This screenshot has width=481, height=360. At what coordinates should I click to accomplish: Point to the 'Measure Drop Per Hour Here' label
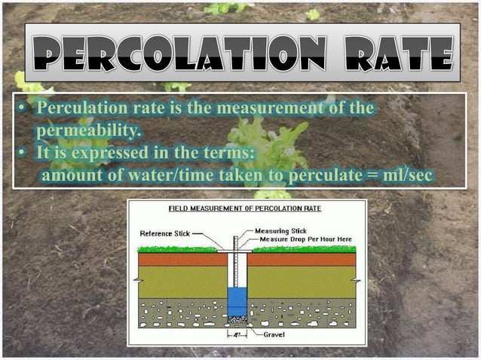click(x=306, y=239)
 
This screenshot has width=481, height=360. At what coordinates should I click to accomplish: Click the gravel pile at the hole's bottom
click(x=237, y=319)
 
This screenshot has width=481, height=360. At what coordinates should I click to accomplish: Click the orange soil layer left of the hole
click(x=181, y=259)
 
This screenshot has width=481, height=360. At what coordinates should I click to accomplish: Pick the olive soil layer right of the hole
click(x=302, y=282)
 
